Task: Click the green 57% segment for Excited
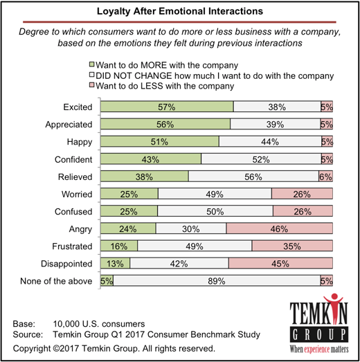pos(167,107)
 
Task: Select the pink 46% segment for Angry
pos(280,228)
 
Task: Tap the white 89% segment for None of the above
pos(217,281)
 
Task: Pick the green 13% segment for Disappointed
pos(115,263)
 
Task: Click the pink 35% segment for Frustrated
pos(292,246)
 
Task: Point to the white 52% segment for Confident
pos(261,159)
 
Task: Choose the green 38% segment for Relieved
pos(145,177)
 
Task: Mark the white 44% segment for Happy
pos(270,141)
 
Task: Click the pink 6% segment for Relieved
pos(326,177)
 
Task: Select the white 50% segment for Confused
pos(215,211)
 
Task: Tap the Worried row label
pos(77,194)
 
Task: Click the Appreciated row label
pos(69,125)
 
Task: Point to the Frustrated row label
pos(72,246)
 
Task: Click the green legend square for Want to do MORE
pos(92,64)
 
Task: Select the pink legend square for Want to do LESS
pos(92,85)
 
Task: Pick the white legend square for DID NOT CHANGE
pos(92,75)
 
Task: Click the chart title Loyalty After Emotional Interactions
pos(180,11)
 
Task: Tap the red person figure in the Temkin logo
pos(334,305)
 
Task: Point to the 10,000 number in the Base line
pos(66,324)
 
